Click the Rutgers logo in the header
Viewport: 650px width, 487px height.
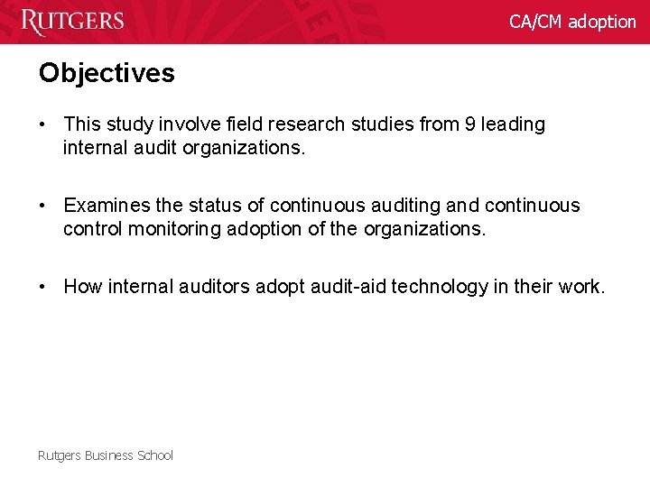click(72, 21)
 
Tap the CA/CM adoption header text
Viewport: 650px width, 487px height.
click(572, 21)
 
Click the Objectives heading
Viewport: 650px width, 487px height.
click(107, 73)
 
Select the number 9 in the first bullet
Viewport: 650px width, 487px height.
click(470, 124)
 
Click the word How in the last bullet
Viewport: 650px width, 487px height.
click(83, 287)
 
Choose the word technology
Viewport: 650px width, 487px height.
click(439, 287)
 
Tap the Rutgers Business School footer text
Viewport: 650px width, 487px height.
click(105, 455)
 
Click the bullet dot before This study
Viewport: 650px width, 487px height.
click(43, 124)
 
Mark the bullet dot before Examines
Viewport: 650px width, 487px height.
click(43, 206)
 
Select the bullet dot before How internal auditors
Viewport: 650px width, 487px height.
click(43, 287)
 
